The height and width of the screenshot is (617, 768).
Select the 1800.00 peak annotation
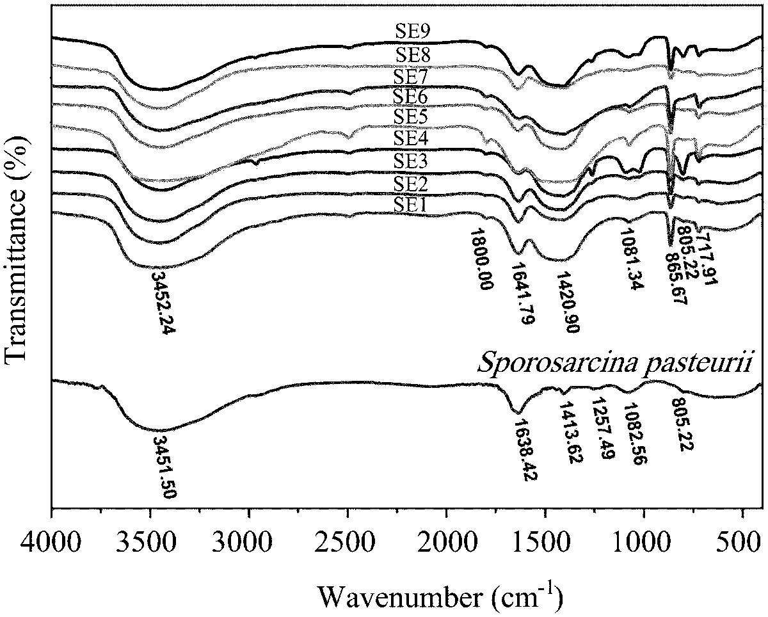pos(481,259)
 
